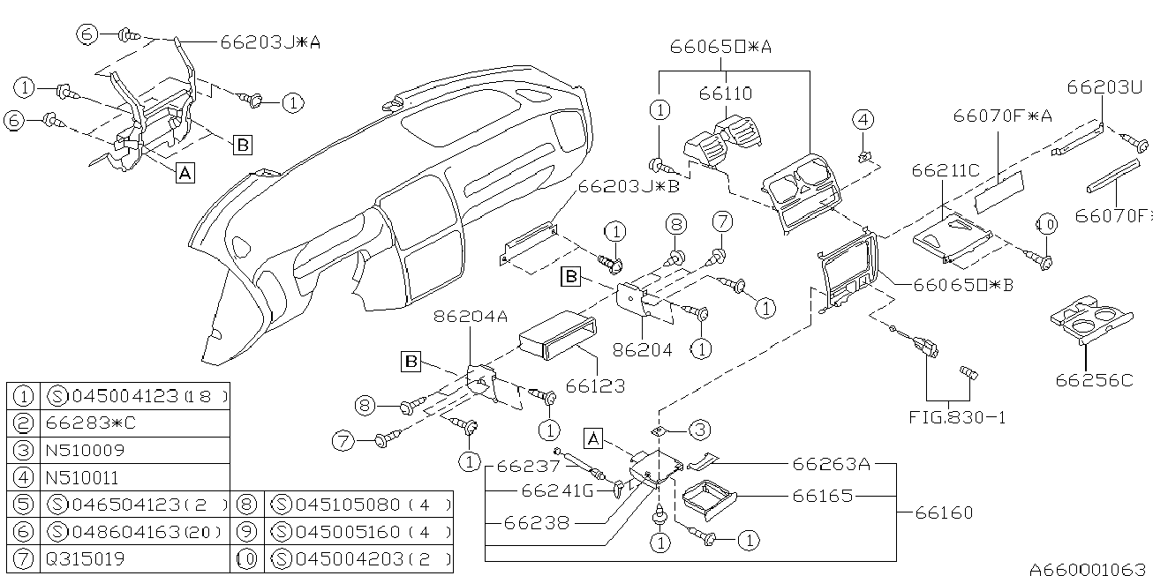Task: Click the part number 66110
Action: pos(726,93)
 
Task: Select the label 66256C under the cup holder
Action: pos(1094,379)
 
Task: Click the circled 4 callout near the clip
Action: pos(863,119)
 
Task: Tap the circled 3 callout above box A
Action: pos(699,430)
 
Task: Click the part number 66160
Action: pos(944,512)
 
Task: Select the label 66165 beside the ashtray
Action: pos(822,496)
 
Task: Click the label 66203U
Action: pos(1104,86)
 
